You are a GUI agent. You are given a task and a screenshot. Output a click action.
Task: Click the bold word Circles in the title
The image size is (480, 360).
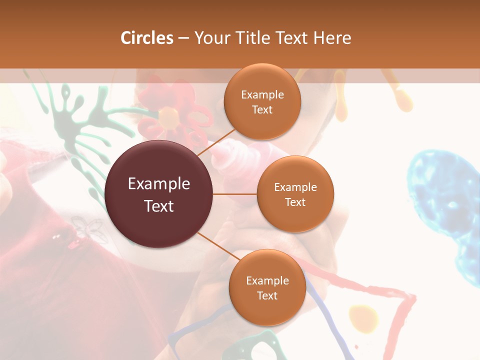147,38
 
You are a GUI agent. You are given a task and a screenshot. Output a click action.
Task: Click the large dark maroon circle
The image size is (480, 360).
159,194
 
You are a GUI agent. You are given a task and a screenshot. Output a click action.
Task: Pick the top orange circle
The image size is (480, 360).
262,101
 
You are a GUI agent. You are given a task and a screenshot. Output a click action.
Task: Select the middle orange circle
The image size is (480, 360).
295,194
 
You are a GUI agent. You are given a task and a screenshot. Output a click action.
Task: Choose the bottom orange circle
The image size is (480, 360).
267,287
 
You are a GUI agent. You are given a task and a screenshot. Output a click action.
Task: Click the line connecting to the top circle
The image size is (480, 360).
216,142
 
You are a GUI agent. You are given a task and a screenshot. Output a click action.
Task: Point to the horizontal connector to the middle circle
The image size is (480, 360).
235,194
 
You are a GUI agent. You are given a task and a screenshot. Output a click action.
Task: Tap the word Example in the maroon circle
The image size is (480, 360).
159,184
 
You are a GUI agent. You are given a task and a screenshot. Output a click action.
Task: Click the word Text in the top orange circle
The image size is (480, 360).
262,109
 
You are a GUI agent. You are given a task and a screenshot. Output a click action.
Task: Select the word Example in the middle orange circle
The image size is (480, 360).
295,187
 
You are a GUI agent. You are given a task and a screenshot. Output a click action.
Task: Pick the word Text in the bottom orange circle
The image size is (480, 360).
267,295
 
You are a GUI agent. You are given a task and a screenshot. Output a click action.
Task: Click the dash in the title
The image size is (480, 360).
183,38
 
